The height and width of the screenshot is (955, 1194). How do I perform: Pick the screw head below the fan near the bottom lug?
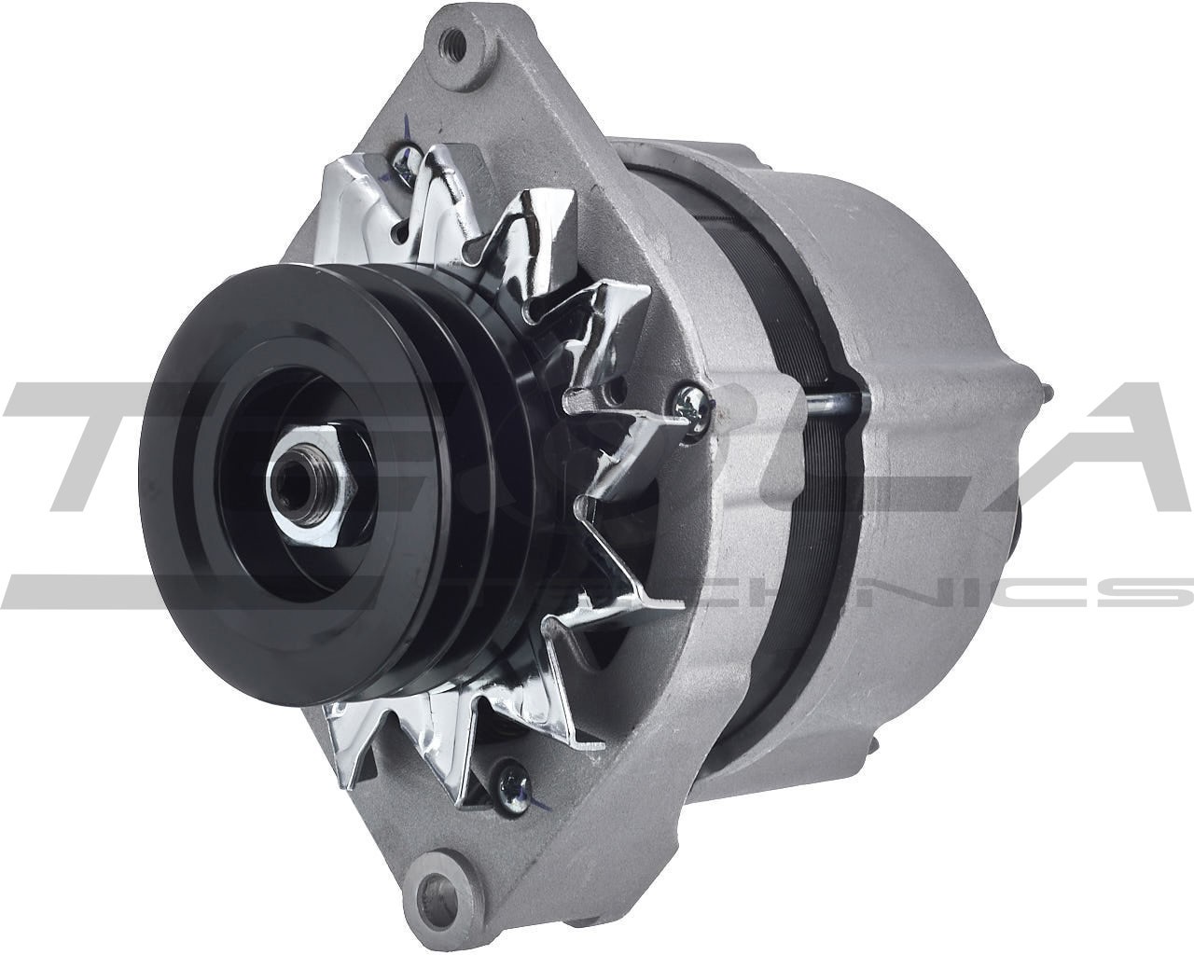click(509, 773)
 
